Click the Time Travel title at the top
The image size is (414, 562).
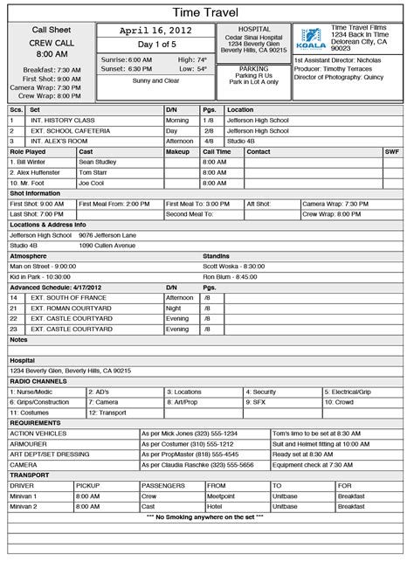207,10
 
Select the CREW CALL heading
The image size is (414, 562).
52,42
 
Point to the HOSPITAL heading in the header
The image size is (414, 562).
253,28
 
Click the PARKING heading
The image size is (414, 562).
253,67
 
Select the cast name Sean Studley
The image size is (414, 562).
97,162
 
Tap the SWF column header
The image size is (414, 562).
392,151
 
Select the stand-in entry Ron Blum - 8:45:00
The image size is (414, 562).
231,276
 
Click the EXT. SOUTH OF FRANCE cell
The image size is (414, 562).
69,297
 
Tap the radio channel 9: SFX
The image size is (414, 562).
258,402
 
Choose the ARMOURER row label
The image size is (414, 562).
29,444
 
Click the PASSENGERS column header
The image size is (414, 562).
162,485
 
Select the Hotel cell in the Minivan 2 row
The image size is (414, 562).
214,506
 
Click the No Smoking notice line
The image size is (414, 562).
207,517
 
